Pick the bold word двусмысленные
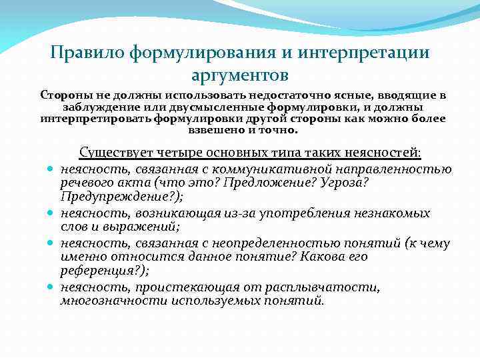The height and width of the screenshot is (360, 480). click(x=216, y=107)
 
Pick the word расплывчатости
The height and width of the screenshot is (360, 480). click(x=327, y=287)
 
